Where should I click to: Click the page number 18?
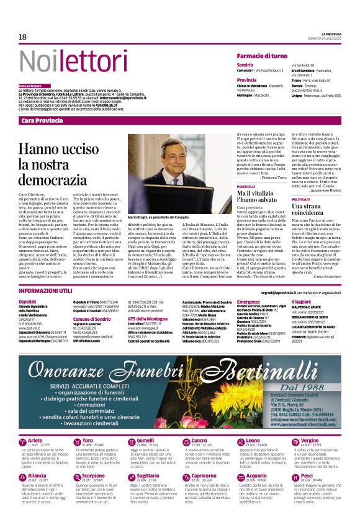coord(22,37)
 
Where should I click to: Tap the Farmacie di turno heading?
coord(264,56)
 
